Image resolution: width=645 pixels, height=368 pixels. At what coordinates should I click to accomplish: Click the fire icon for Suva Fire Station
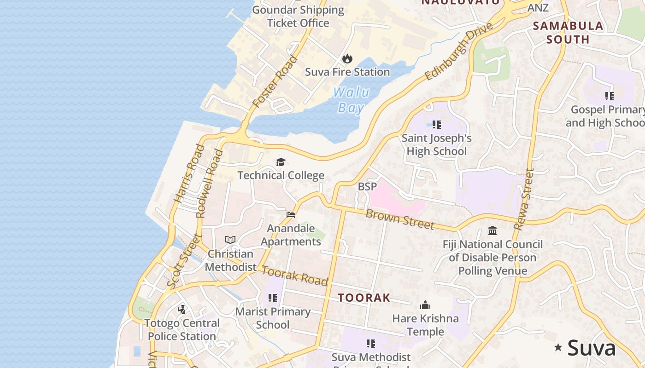pyautogui.click(x=347, y=58)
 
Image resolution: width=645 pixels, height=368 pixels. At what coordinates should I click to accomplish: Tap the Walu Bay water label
pyautogui.click(x=351, y=100)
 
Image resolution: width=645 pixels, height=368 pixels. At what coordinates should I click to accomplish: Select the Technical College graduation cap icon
pyautogui.click(x=281, y=162)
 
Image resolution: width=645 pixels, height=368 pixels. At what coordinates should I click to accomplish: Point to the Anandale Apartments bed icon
pyautogui.click(x=291, y=214)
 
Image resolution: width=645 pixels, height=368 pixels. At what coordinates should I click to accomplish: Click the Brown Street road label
pyautogui.click(x=400, y=219)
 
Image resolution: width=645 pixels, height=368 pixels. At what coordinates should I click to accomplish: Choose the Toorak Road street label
pyautogui.click(x=295, y=275)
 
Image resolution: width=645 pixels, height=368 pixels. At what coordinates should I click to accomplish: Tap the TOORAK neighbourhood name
pyautogui.click(x=364, y=298)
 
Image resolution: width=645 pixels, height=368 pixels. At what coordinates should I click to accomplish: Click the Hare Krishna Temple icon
pyautogui.click(x=425, y=305)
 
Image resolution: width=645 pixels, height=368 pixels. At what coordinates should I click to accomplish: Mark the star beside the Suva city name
pyautogui.click(x=558, y=347)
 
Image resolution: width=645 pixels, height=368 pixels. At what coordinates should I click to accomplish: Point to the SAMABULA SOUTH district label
pyautogui.click(x=568, y=32)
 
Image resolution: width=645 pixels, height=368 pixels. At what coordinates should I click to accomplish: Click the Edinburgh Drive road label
pyautogui.click(x=458, y=51)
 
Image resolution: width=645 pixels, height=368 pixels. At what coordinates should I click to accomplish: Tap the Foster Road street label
pyautogui.click(x=276, y=81)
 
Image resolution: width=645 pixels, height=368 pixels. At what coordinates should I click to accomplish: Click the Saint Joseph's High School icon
pyautogui.click(x=437, y=124)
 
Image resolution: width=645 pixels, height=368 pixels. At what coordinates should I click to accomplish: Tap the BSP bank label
pyautogui.click(x=367, y=186)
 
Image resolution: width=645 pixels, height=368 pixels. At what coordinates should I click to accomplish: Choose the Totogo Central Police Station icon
pyautogui.click(x=182, y=309)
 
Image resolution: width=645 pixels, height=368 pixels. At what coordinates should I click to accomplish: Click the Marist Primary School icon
pyautogui.click(x=273, y=298)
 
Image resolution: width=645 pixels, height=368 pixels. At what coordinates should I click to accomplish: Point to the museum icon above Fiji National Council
pyautogui.click(x=493, y=230)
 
